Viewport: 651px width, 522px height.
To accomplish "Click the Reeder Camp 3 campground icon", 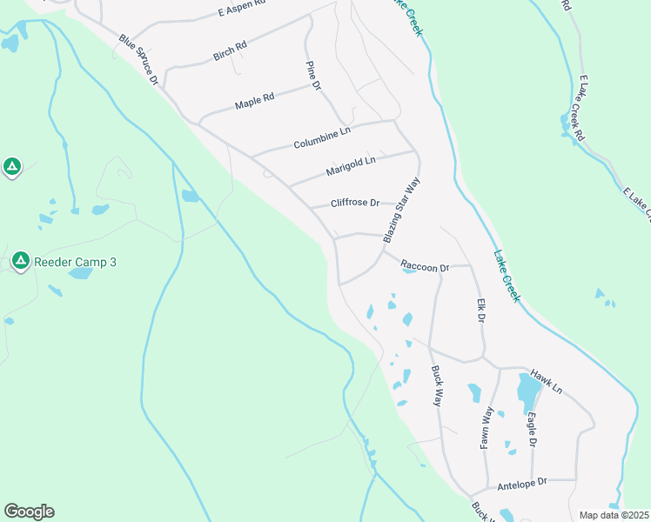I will point(20,259).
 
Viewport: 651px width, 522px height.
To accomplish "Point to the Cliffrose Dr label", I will point(355,204).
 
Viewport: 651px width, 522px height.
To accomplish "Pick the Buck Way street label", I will point(437,385).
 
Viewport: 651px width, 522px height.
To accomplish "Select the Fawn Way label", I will point(487,428).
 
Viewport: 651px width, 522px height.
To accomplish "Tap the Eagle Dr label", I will point(532,430).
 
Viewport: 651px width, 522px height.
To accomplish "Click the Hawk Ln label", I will point(547,379).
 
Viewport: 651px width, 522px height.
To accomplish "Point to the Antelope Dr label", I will point(520,482).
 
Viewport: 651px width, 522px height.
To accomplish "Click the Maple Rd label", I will point(254,101).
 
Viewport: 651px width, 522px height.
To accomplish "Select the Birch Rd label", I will point(230,50).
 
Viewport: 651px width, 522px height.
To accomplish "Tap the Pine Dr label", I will point(313,76).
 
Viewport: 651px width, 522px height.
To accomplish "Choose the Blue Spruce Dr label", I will point(138,59).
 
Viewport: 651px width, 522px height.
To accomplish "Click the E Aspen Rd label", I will point(241,10).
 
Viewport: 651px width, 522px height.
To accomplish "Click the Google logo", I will point(29,512).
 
